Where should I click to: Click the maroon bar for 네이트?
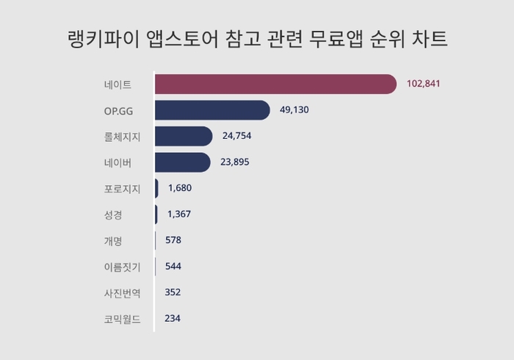point(275,84)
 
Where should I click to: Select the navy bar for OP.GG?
point(212,110)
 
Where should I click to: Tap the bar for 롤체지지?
point(184,136)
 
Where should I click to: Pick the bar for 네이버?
point(183,162)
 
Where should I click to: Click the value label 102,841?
point(424,84)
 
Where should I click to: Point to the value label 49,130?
point(295,110)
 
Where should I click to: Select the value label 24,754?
point(237,136)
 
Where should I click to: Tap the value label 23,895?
point(236,162)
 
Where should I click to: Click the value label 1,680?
point(180,188)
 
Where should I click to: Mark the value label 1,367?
point(179,214)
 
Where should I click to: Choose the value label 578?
point(173,240)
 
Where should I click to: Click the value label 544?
point(173,266)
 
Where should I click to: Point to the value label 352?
point(173,292)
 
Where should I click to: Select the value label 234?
point(173,318)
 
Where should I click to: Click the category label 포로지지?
point(123,188)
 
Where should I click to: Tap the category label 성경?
point(113,215)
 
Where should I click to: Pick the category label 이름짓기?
point(123,267)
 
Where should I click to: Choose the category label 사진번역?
point(123,292)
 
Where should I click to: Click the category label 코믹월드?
point(123,319)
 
